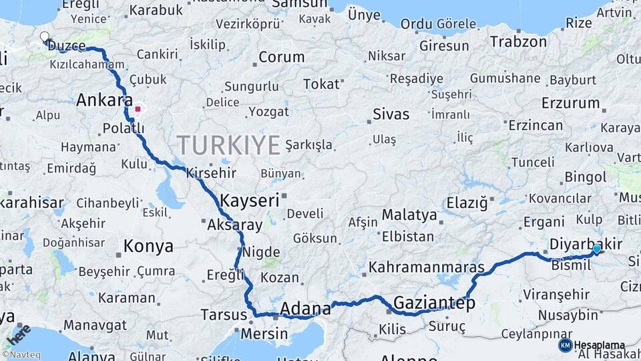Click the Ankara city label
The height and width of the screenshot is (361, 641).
coord(104,101)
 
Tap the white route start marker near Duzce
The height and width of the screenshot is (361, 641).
coord(45,37)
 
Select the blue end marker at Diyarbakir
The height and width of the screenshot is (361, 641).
coord(596,249)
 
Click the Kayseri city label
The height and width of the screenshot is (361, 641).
coord(249,200)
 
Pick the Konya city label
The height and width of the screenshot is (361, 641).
coord(148,246)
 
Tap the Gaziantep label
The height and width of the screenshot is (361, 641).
coord(434,304)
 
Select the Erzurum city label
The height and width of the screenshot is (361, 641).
coord(570,103)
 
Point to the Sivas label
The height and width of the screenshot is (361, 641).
coord(391,114)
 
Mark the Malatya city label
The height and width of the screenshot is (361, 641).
coord(409,215)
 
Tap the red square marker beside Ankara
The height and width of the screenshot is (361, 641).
coord(138,108)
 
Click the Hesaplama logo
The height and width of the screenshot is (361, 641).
coord(592,345)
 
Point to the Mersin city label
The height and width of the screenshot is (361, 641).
coord(265,333)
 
